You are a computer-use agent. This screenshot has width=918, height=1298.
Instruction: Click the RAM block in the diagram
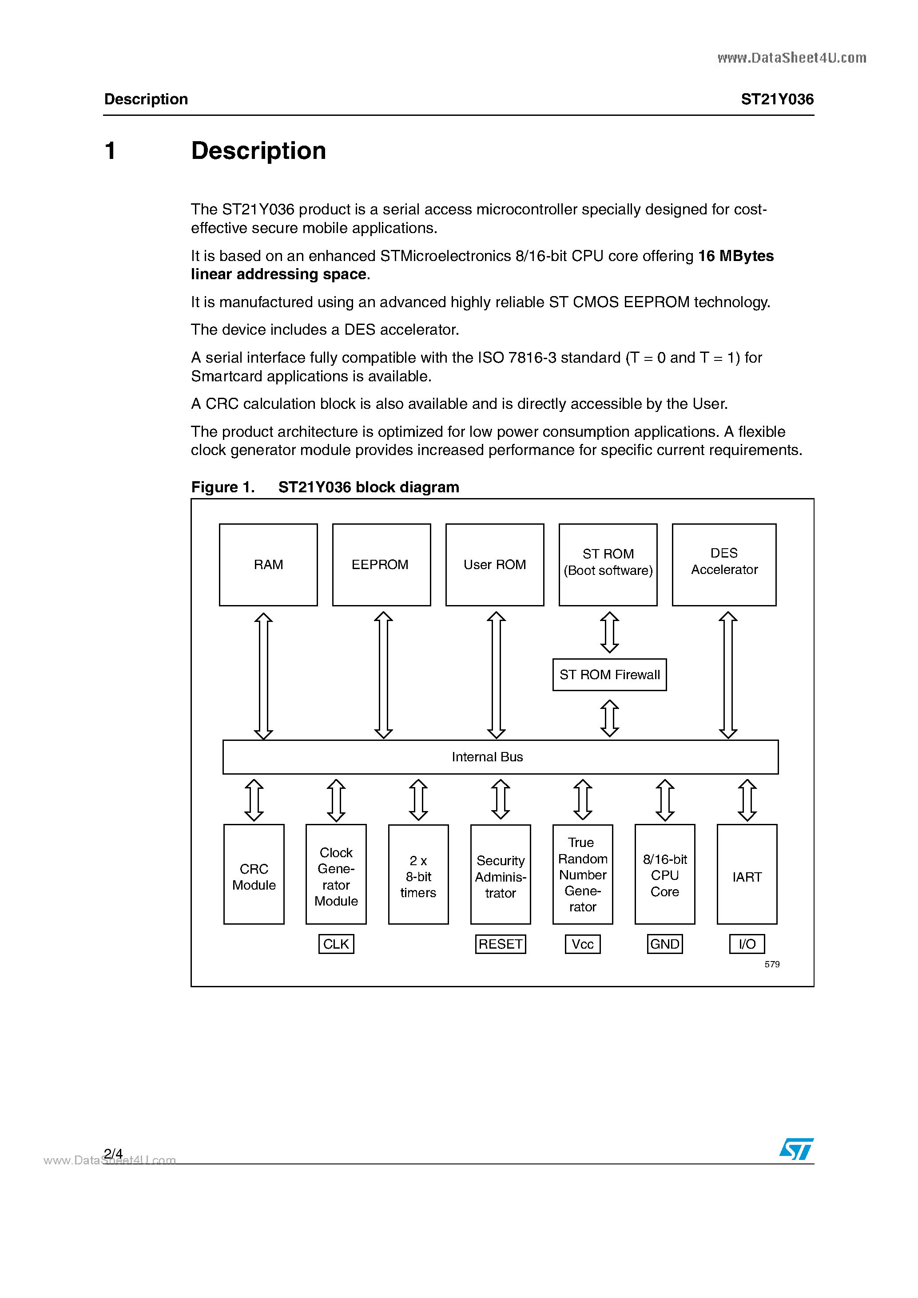point(268,564)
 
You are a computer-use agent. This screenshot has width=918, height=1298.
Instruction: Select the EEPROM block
point(381,564)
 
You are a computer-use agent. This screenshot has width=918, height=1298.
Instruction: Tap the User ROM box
point(494,564)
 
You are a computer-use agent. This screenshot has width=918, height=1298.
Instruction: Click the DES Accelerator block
point(723,564)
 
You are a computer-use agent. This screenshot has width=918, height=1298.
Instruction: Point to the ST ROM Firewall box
point(609,674)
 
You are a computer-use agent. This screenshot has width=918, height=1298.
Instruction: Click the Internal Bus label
point(487,756)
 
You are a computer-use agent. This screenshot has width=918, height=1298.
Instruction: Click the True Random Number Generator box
point(583,875)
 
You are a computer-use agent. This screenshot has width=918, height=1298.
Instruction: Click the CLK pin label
point(336,944)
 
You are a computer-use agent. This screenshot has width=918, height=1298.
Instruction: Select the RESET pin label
point(500,944)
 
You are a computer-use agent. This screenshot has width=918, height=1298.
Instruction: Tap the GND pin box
point(664,944)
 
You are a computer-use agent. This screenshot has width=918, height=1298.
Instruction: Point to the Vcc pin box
point(583,944)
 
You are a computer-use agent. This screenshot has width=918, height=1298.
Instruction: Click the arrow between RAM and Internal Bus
point(263,676)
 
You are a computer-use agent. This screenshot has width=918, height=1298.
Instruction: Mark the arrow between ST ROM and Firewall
point(609,632)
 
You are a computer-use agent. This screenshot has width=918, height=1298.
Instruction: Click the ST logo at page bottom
point(796,1149)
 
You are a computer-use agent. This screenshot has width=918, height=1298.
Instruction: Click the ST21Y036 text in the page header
point(777,99)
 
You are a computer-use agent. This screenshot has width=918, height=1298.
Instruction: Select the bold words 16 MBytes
point(735,256)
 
